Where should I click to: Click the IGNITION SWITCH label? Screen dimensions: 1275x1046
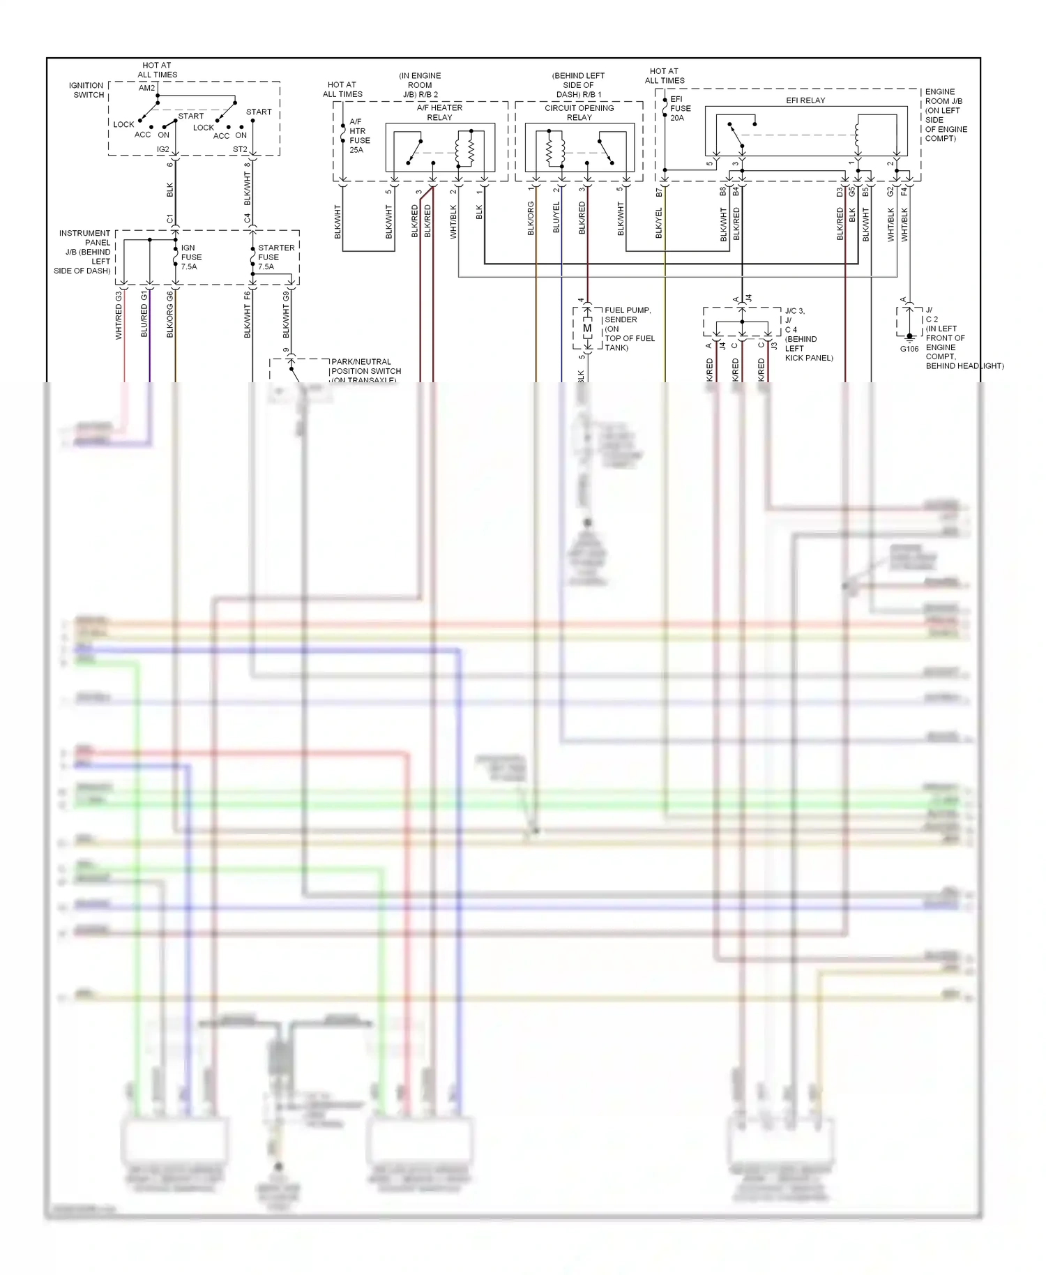(86, 90)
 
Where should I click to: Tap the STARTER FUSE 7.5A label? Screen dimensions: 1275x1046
(275, 257)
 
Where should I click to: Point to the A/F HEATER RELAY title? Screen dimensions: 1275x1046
(439, 112)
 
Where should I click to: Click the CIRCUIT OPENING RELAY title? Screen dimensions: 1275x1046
(579, 112)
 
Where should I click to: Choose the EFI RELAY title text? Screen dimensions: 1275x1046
(805, 100)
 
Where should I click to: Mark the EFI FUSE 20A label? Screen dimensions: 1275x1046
(680, 109)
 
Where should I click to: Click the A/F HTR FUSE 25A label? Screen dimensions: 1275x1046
(359, 135)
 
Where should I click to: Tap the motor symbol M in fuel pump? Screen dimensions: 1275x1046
(587, 329)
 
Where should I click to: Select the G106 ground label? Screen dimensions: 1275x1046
(909, 349)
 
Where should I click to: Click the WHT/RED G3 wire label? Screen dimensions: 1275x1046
(119, 316)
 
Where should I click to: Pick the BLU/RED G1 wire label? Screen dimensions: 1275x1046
(144, 316)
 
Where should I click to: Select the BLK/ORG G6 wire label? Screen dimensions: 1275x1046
(169, 316)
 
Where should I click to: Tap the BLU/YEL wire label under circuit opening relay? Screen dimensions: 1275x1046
(556, 218)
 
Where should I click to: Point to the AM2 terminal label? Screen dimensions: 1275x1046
(146, 88)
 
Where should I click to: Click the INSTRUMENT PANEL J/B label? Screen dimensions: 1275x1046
(84, 252)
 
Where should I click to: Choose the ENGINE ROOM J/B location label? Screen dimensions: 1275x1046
(946, 115)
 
